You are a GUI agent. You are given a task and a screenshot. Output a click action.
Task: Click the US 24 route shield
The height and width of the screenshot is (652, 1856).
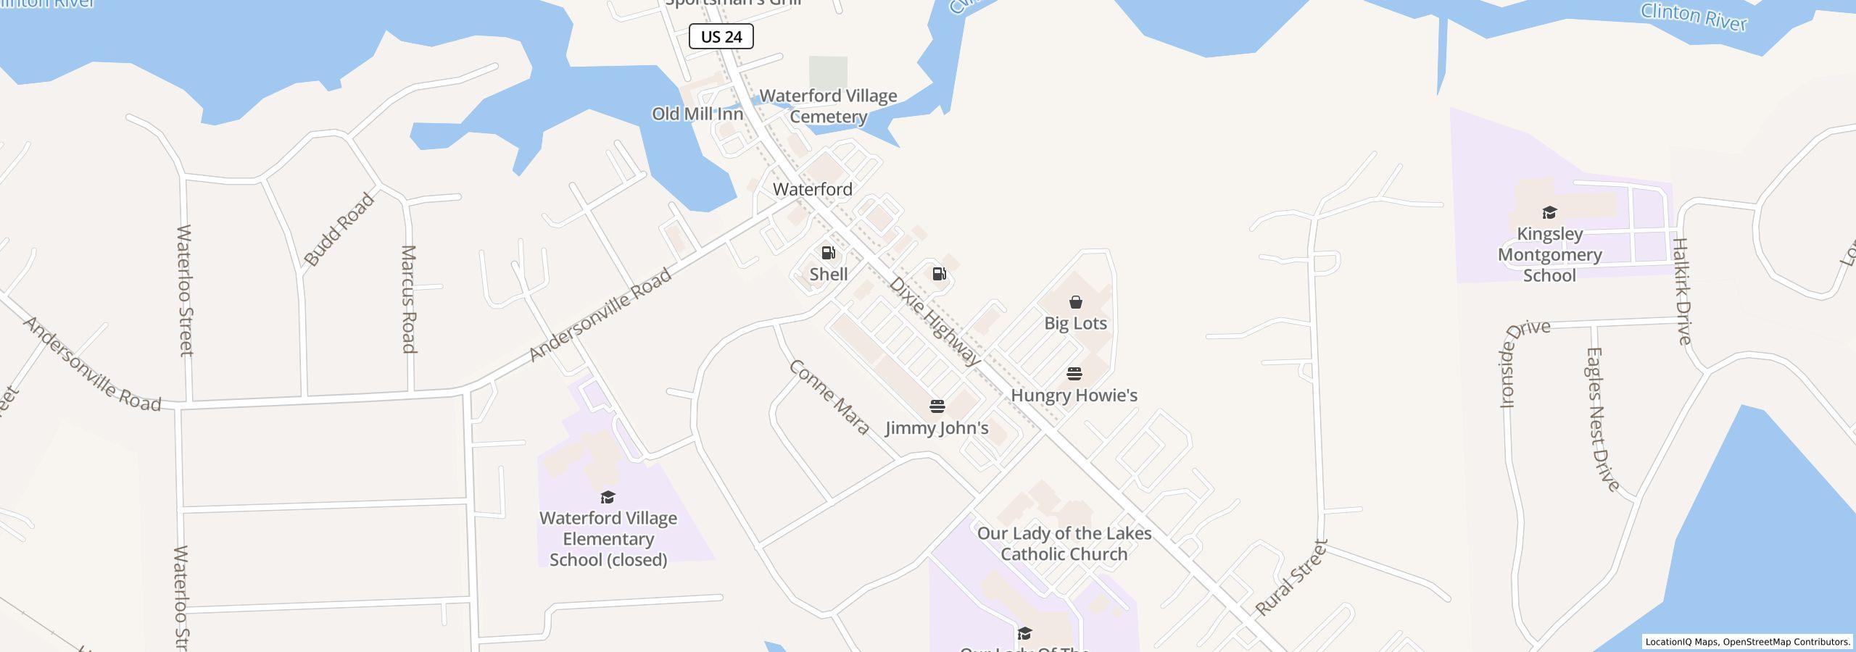pyautogui.click(x=721, y=36)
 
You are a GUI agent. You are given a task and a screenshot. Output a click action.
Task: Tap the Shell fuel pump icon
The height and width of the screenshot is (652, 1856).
pyautogui.click(x=828, y=253)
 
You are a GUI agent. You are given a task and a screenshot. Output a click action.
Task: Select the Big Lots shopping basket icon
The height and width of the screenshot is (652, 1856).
pyautogui.click(x=1075, y=302)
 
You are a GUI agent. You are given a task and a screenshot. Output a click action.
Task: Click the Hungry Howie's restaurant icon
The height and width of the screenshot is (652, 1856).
pyautogui.click(x=1074, y=374)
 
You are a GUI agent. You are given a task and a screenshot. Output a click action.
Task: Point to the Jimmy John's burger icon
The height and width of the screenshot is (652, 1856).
pyautogui.click(x=937, y=406)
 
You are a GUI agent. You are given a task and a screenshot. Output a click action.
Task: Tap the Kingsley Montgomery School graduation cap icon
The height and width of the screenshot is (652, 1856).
pyautogui.click(x=1549, y=212)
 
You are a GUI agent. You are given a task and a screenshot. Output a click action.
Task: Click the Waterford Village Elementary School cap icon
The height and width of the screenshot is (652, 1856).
pyautogui.click(x=608, y=497)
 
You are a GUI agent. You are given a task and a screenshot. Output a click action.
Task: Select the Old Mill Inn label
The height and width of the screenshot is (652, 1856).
pyautogui.click(x=697, y=114)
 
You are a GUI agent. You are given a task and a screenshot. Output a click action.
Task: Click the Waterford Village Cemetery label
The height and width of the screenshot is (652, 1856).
pyautogui.click(x=828, y=106)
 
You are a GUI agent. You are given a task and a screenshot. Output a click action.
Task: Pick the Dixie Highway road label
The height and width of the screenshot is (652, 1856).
pyautogui.click(x=935, y=321)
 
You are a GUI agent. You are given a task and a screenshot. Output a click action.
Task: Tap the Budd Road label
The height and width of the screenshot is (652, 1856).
pyautogui.click(x=339, y=229)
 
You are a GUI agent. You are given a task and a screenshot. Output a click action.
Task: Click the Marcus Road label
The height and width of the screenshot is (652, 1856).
pyautogui.click(x=409, y=298)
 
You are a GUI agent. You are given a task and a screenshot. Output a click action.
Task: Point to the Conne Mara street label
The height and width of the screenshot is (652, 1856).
pyautogui.click(x=829, y=397)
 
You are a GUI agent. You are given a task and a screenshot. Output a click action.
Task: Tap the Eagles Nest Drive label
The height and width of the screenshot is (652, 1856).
pyautogui.click(x=1602, y=419)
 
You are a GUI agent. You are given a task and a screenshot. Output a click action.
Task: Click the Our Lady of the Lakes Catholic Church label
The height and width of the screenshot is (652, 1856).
pyautogui.click(x=1064, y=543)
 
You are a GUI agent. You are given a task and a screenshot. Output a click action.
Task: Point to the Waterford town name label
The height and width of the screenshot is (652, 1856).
pyautogui.click(x=812, y=189)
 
